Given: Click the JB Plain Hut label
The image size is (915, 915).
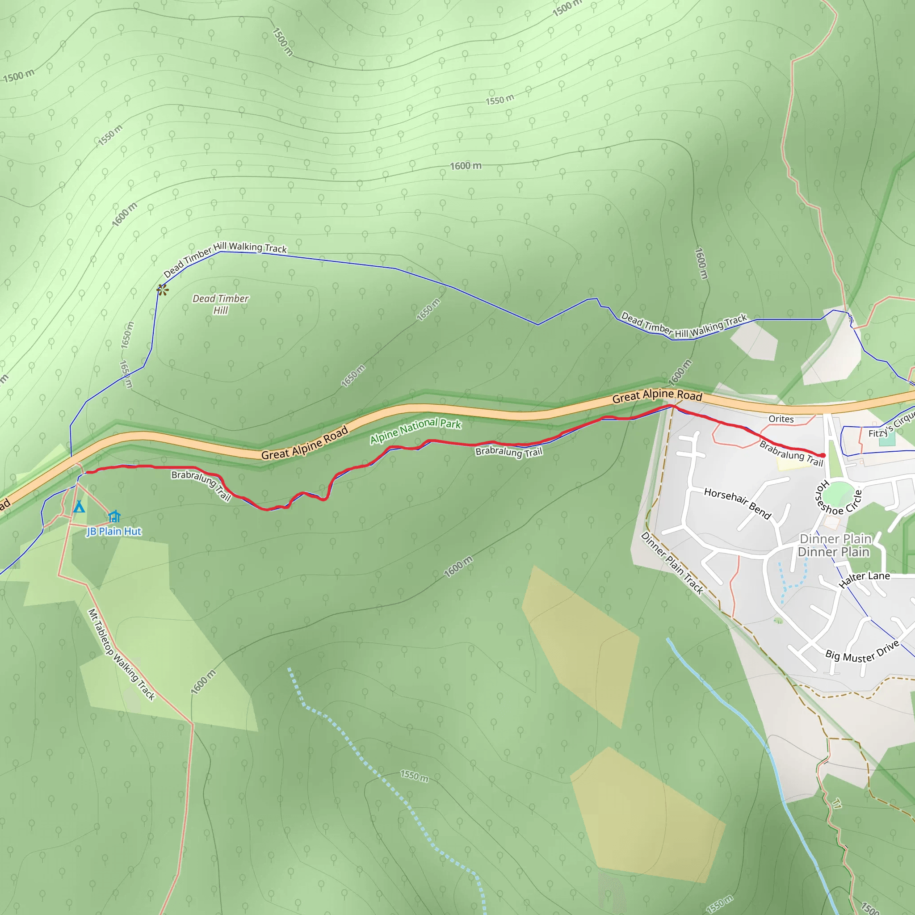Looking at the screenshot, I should [x=113, y=531].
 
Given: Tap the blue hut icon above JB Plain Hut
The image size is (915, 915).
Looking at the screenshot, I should [x=114, y=516].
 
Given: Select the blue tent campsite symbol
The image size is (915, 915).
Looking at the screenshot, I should [x=79, y=507].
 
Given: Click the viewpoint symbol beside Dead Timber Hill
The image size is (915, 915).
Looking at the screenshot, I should [x=163, y=290].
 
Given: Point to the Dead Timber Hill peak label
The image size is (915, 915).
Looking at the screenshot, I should [x=221, y=304].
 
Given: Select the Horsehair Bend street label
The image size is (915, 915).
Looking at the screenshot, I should [x=737, y=503].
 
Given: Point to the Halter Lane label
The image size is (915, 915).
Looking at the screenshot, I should [x=865, y=579].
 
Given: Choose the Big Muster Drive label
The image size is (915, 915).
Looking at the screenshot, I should [x=862, y=653].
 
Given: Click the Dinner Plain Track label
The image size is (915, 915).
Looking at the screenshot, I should [x=672, y=562].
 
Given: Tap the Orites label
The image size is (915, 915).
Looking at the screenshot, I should [x=781, y=419].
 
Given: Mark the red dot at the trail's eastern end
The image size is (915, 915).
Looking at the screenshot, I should [x=823, y=455].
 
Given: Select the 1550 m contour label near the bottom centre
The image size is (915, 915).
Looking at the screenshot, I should [x=415, y=776].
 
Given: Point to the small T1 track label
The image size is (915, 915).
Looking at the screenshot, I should [x=837, y=804].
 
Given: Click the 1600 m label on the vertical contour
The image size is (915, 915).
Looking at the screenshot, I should [x=701, y=263].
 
